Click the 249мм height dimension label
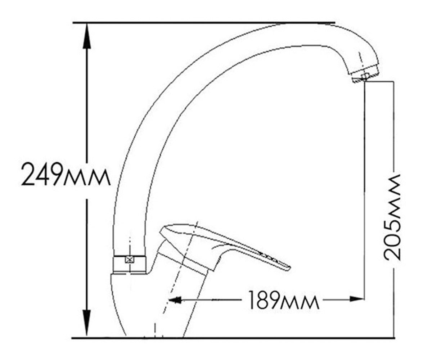66,174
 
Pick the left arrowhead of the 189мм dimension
175,300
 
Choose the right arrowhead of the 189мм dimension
357,299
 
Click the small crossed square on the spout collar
129,259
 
